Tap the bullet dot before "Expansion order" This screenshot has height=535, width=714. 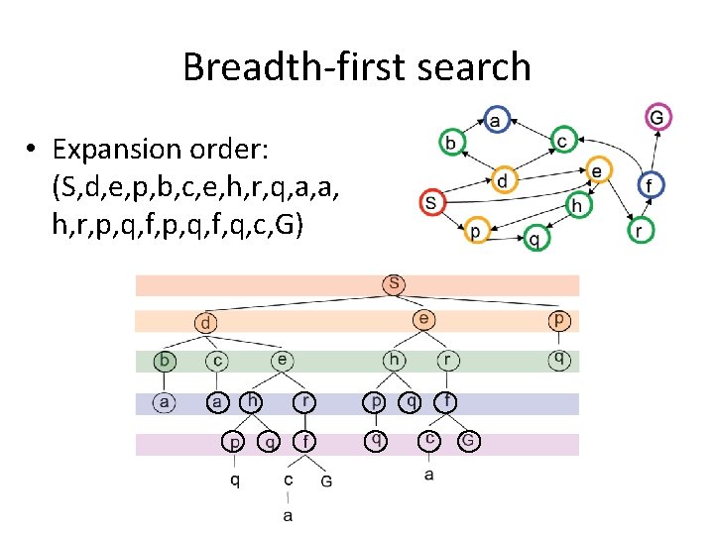[33, 149]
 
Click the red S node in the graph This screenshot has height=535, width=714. [430, 202]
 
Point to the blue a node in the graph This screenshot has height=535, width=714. [496, 120]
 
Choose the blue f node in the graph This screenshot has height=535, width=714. [650, 185]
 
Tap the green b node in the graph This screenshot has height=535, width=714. [451, 144]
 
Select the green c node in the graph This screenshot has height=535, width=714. [563, 142]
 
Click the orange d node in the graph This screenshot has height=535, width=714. [504, 180]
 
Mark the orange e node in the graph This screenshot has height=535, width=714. [596, 170]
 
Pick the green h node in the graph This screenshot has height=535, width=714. [577, 205]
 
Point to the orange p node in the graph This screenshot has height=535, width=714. [475, 230]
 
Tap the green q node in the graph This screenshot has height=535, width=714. [535, 238]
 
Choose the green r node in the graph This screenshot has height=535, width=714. [641, 231]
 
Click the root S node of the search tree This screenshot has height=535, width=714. [395, 284]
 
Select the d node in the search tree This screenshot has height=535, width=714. [205, 322]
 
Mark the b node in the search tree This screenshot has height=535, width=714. [165, 360]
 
